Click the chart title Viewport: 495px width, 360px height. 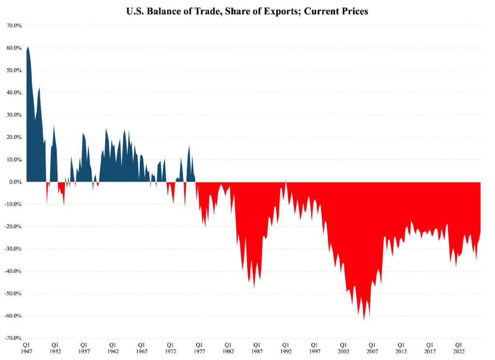coord(247,11)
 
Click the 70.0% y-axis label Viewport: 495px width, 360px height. coord(14,26)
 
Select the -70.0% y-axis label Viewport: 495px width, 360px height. coord(13,338)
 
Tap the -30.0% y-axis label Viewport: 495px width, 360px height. coord(13,249)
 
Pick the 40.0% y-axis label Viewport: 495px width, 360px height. coord(14,92)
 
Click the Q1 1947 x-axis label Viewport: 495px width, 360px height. coord(27,349)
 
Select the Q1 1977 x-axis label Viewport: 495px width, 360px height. coord(199,349)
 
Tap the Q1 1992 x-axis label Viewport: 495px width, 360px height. coord(286,349)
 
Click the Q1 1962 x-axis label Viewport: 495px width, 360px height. coord(113,349)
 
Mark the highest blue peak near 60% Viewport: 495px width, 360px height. coord(28,47)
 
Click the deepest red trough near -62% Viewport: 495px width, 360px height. coord(364,319)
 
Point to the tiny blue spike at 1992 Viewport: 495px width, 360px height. coord(286,180)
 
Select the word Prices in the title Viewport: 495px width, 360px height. coord(353,11)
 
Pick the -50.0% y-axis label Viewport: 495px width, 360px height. coord(13,294)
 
